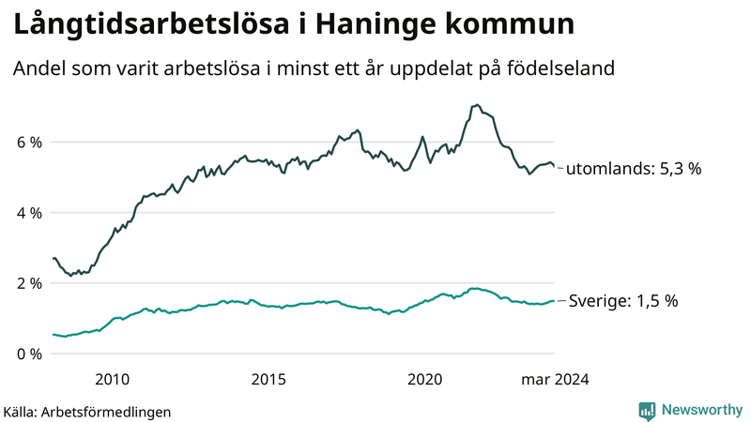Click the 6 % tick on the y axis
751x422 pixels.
[x=28, y=143]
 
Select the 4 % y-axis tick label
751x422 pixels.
[x=28, y=213]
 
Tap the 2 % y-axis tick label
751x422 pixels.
[x=28, y=283]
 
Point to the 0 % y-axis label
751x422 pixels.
[x=28, y=354]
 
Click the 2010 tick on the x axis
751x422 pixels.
[x=113, y=379]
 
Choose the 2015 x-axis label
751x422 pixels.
[x=268, y=379]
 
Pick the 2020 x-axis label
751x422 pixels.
[x=425, y=379]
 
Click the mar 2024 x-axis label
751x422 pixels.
[x=555, y=379]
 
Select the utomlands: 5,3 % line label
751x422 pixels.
[x=634, y=170]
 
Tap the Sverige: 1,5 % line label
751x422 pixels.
[x=623, y=301]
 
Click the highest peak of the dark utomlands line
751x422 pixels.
[x=477, y=105]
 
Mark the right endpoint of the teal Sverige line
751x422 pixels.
[x=554, y=301]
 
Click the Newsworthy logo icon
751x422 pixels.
[x=647, y=410]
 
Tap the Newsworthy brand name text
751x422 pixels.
[x=700, y=410]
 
